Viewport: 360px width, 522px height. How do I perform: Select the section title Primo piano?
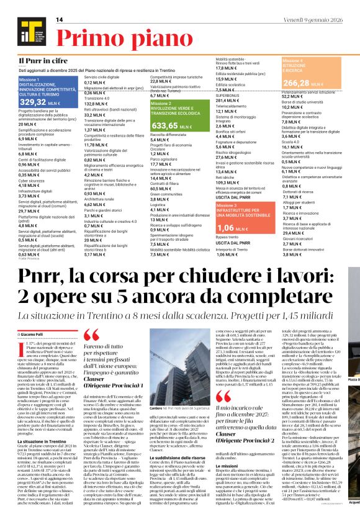pos(115,34)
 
